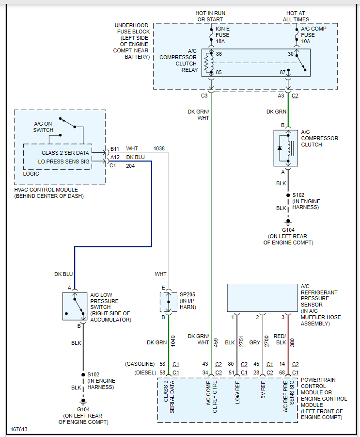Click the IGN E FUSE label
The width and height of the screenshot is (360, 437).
tap(223, 35)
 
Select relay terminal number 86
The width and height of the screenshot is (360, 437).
tap(219, 54)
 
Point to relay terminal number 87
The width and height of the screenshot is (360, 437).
tap(282, 73)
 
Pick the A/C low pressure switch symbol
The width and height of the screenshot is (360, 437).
tap(75, 306)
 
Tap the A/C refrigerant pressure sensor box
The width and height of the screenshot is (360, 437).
tap(263, 298)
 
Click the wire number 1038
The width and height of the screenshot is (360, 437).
tap(159, 148)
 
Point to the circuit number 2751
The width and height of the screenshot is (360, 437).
tap(241, 342)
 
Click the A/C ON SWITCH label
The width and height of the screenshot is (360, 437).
tap(43, 127)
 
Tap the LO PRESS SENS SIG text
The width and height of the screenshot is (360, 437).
tap(64, 162)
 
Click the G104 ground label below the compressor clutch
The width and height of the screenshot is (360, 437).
tap(288, 230)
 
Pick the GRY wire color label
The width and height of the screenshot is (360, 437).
tap(255, 342)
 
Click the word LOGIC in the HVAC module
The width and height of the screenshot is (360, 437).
tap(31, 174)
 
